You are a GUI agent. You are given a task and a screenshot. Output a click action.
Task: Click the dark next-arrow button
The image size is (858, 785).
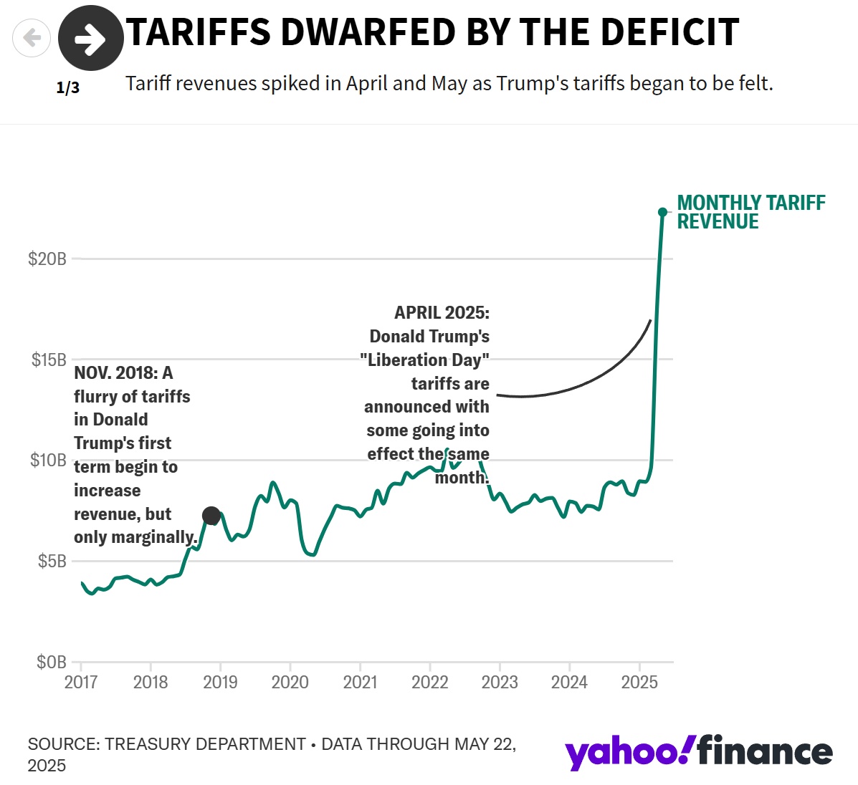coord(90,39)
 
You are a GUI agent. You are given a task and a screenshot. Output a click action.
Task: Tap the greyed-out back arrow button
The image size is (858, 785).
coord(32,37)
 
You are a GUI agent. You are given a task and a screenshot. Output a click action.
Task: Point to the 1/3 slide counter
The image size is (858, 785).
coord(68,88)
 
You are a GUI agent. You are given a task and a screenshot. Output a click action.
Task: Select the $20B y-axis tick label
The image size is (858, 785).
coord(47,259)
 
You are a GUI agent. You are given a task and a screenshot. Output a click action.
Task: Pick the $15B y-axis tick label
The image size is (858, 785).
coord(49,360)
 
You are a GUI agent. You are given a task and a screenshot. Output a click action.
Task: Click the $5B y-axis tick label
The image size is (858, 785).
coord(52,561)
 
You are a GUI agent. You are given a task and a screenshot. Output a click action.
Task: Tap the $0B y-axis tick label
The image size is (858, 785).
coord(52,662)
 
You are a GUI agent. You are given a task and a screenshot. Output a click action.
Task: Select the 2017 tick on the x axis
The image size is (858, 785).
coord(81,682)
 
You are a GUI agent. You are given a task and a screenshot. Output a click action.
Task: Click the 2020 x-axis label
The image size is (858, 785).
coord(290,682)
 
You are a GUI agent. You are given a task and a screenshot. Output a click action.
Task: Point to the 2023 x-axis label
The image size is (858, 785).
coord(500,682)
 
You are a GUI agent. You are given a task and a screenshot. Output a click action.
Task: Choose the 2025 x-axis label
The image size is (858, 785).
coord(639,682)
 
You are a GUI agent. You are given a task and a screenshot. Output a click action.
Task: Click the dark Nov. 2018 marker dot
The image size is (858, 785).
coord(211,516)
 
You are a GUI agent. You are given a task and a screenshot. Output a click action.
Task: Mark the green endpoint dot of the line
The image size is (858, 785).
coord(662,212)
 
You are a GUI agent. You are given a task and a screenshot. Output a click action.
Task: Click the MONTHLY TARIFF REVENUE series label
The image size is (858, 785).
coord(750,212)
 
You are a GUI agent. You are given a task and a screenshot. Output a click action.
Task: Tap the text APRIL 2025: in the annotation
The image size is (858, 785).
coord(442,313)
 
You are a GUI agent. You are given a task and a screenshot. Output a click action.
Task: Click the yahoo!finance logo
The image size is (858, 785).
coord(698,752)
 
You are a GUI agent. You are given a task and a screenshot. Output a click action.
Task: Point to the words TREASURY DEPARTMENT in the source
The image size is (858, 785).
coord(205,744)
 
